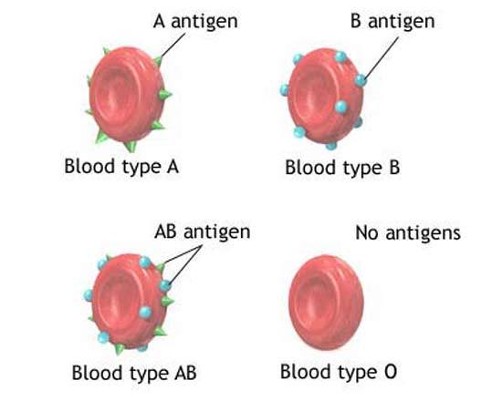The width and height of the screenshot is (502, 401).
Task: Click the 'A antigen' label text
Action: (x=195, y=22)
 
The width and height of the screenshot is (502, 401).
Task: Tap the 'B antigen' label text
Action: (x=392, y=22)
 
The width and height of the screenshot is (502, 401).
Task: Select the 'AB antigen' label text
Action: (x=202, y=231)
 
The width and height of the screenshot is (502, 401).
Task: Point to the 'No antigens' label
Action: (x=408, y=232)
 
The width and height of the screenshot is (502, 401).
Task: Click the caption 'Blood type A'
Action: (x=121, y=167)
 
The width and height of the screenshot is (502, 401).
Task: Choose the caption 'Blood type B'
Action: (x=342, y=168)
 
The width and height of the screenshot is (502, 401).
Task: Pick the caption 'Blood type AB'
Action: (x=134, y=373)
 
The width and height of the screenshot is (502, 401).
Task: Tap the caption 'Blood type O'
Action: (x=339, y=372)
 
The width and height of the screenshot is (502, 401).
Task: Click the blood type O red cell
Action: (x=326, y=303)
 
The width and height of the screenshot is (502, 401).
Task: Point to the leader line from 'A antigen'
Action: (x=173, y=45)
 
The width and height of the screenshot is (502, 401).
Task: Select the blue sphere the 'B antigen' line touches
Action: (x=361, y=79)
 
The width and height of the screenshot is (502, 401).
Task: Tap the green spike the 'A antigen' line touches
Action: (x=158, y=60)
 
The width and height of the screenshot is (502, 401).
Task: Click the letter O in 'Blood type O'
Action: (x=391, y=372)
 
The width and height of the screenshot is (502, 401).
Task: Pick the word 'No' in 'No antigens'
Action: (x=367, y=232)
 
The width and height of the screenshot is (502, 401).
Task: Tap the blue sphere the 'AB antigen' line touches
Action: (x=165, y=285)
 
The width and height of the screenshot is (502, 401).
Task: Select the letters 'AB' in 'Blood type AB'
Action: (x=185, y=372)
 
